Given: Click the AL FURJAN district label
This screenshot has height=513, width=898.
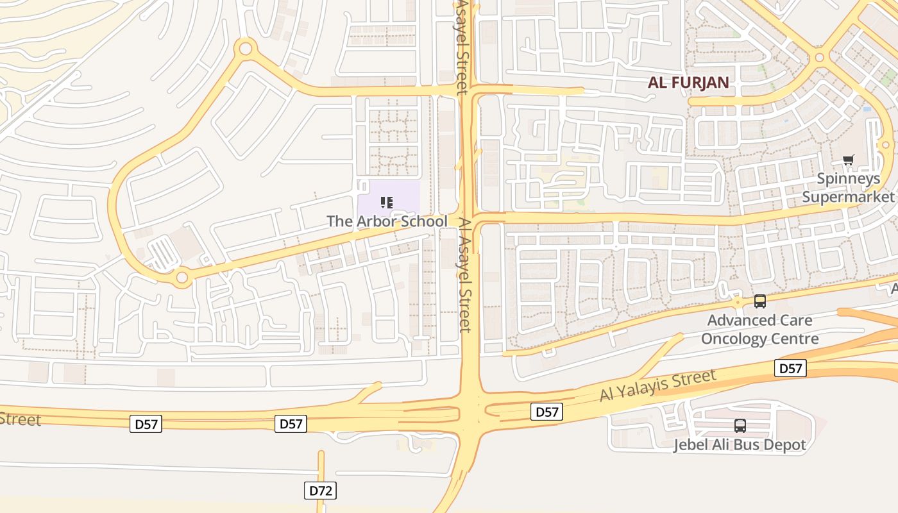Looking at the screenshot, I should (688, 82).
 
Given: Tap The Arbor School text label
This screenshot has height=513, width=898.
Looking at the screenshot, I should (387, 221).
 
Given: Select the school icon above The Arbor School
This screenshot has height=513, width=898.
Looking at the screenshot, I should (386, 203).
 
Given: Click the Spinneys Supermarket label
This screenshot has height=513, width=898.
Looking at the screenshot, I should (848, 188).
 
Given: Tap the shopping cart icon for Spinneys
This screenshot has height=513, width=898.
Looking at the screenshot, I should (849, 160).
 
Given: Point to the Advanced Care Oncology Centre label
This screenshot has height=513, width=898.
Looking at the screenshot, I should (759, 329).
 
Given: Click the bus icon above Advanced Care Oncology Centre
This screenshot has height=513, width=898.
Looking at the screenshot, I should (760, 301).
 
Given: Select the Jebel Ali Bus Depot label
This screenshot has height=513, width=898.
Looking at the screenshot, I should (740, 444).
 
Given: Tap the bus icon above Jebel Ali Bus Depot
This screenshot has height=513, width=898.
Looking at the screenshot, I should (740, 425).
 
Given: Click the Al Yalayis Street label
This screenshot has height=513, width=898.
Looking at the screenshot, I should (657, 386).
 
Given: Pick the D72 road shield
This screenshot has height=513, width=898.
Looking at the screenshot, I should (320, 491).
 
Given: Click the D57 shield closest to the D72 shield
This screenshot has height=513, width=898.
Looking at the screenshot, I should (291, 423).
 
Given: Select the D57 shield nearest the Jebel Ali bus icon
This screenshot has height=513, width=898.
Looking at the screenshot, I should (790, 368).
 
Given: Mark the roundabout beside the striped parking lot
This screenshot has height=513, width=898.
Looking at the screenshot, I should (182, 278).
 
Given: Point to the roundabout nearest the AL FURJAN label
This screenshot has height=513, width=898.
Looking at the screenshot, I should (819, 58).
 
